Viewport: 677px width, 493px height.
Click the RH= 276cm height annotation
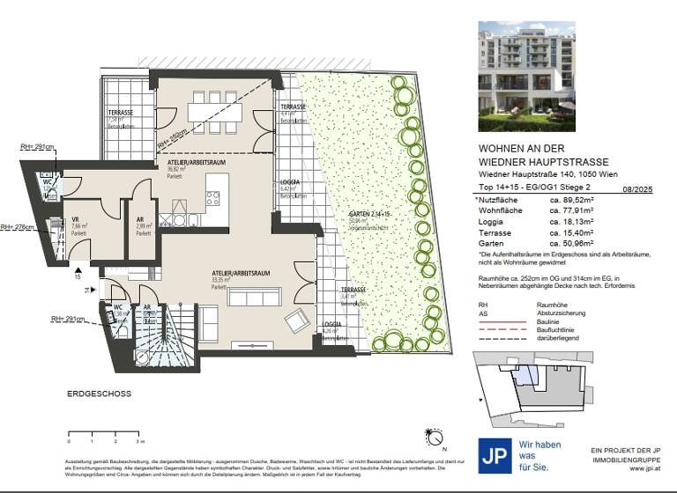point(19,227)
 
